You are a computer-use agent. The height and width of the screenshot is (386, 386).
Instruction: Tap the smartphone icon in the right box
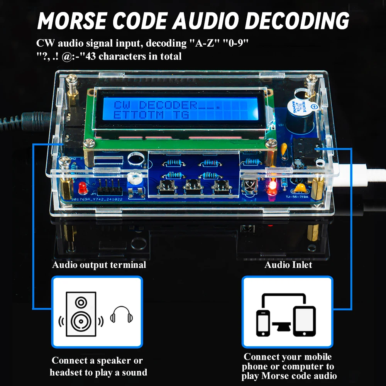pyautogui.click(x=263, y=322)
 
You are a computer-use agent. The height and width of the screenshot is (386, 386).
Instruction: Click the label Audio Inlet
pyautogui.click(x=288, y=265)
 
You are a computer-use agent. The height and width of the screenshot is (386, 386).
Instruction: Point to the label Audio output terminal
pyautogui.click(x=99, y=265)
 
